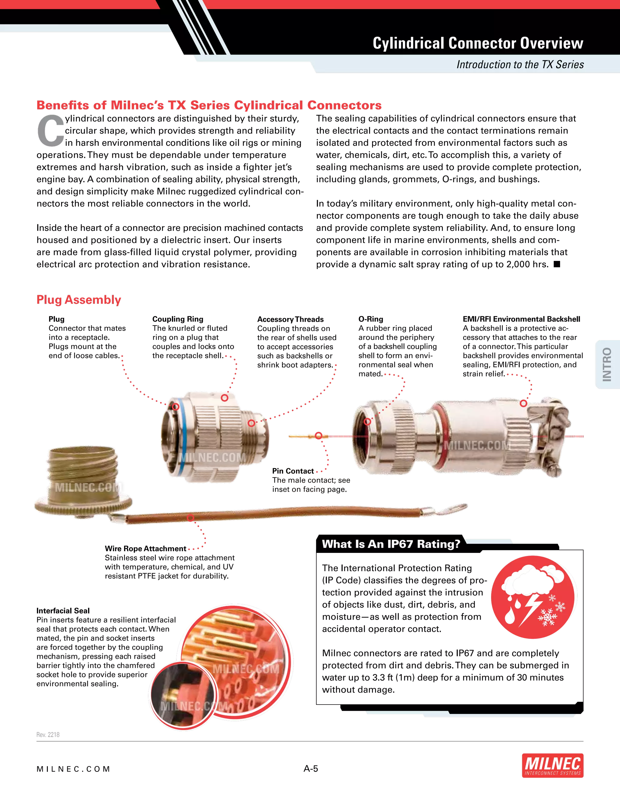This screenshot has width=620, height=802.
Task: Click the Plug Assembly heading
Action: (79, 300)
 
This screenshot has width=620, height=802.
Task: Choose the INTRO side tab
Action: (607, 364)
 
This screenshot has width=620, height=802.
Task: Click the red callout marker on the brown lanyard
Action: (190, 518)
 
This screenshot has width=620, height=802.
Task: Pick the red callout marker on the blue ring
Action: (176, 406)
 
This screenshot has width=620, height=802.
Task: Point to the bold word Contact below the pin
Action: (300, 471)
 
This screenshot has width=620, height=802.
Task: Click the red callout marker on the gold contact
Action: (318, 436)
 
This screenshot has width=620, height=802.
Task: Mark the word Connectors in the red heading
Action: (345, 105)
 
